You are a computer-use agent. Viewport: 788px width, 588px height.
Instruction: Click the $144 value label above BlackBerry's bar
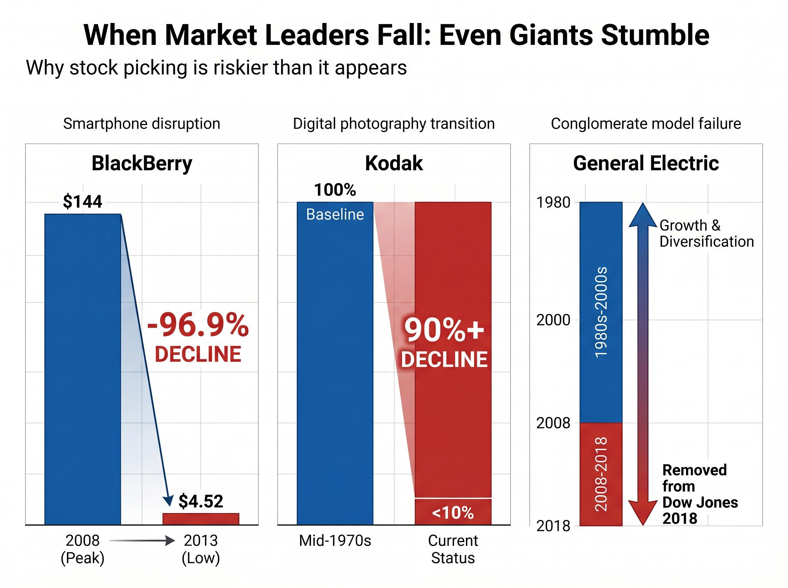pos(82,201)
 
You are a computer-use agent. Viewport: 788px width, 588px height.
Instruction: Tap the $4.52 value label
pos(201,501)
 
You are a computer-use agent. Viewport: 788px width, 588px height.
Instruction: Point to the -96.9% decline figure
pos(198,325)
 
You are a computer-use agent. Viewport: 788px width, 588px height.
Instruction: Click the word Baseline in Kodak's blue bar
pos(335,215)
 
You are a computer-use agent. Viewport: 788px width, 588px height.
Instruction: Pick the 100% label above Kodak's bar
pos(335,190)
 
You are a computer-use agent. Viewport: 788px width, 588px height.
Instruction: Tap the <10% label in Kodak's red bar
pos(452,513)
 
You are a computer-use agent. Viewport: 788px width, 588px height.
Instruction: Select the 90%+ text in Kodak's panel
pos(444,330)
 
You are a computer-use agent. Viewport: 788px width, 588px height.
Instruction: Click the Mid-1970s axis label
pos(335,541)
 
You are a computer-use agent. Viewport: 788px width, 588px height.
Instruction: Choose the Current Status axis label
pos(452,549)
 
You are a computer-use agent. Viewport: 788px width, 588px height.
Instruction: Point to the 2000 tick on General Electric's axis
pos(553,320)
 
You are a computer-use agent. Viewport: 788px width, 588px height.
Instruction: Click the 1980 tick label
pos(553,202)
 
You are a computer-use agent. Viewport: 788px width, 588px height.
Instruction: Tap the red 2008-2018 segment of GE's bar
pos(601,474)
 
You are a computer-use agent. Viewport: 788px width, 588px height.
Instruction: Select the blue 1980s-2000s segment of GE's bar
pos(601,312)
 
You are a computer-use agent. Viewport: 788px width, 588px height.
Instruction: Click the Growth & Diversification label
pos(706,234)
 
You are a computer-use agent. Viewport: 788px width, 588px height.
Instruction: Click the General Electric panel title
pos(646,163)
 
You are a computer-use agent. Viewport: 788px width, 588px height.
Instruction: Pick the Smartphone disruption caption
pos(142,124)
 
